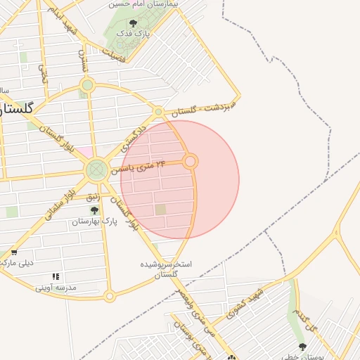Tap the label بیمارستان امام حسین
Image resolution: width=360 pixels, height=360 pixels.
(144, 4)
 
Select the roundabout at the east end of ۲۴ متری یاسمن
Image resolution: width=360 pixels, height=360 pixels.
(190, 162)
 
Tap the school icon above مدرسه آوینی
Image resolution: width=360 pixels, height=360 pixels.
(56, 276)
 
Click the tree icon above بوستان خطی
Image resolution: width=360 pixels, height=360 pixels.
(302, 347)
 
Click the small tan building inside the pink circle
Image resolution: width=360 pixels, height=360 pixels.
(161, 210)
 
